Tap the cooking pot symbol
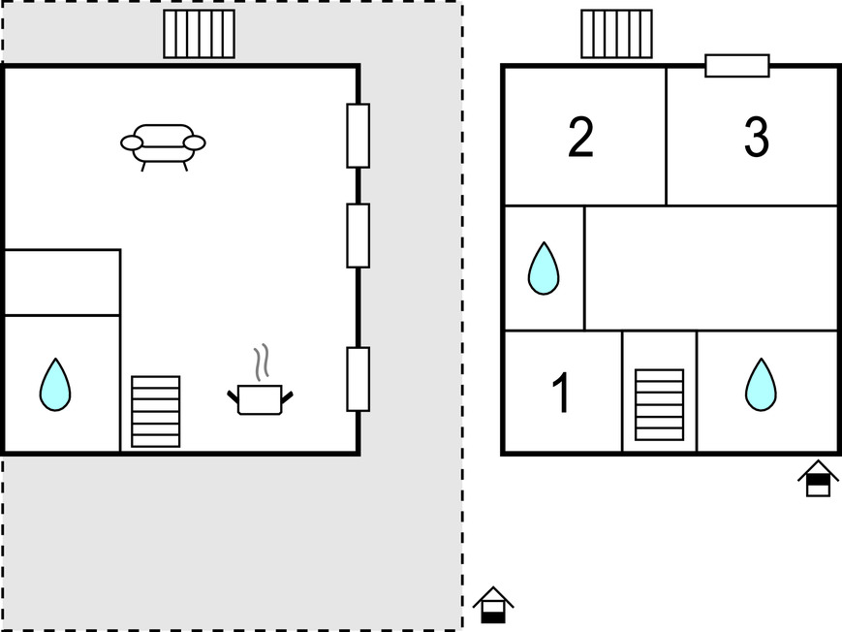(260, 398)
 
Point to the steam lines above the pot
(260, 363)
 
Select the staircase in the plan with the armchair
(155, 411)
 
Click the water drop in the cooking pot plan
(54, 384)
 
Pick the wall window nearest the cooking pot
(358, 378)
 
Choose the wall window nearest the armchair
(358, 135)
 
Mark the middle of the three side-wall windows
(358, 235)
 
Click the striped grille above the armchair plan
(199, 34)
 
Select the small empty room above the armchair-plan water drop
(62, 282)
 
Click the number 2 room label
(580, 138)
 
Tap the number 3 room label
(756, 138)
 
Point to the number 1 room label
(561, 394)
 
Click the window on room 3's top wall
(736, 65)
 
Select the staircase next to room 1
(659, 404)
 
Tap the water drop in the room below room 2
(544, 268)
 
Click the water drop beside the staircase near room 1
(761, 384)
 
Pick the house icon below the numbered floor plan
(818, 478)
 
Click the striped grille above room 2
(615, 34)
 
